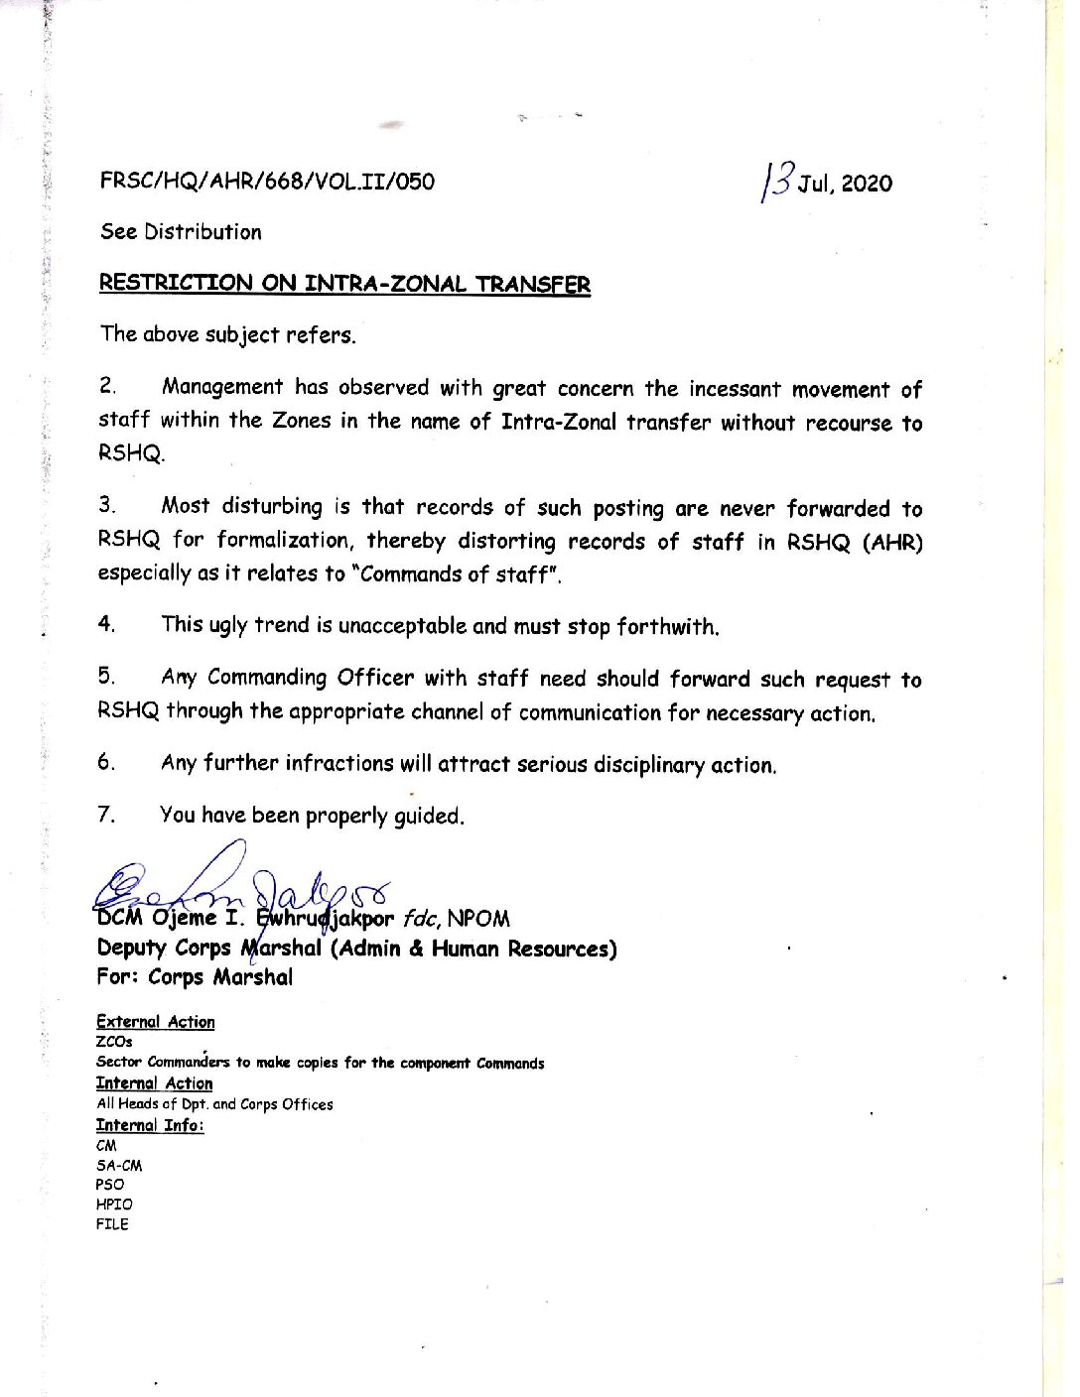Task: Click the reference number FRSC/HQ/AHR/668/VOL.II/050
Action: [x=266, y=182]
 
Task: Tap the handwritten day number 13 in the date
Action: [x=778, y=180]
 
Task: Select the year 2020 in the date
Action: [x=867, y=184]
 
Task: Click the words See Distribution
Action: [x=181, y=232]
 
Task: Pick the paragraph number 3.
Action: [x=106, y=505]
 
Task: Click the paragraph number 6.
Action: [x=106, y=762]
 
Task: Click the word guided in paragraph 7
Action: [x=429, y=817]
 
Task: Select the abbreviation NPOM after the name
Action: [x=478, y=919]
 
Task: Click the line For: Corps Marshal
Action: [x=195, y=977]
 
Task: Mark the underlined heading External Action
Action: [x=155, y=1022]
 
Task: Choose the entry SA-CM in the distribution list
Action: [x=119, y=1166]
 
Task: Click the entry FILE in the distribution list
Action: [x=112, y=1224]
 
